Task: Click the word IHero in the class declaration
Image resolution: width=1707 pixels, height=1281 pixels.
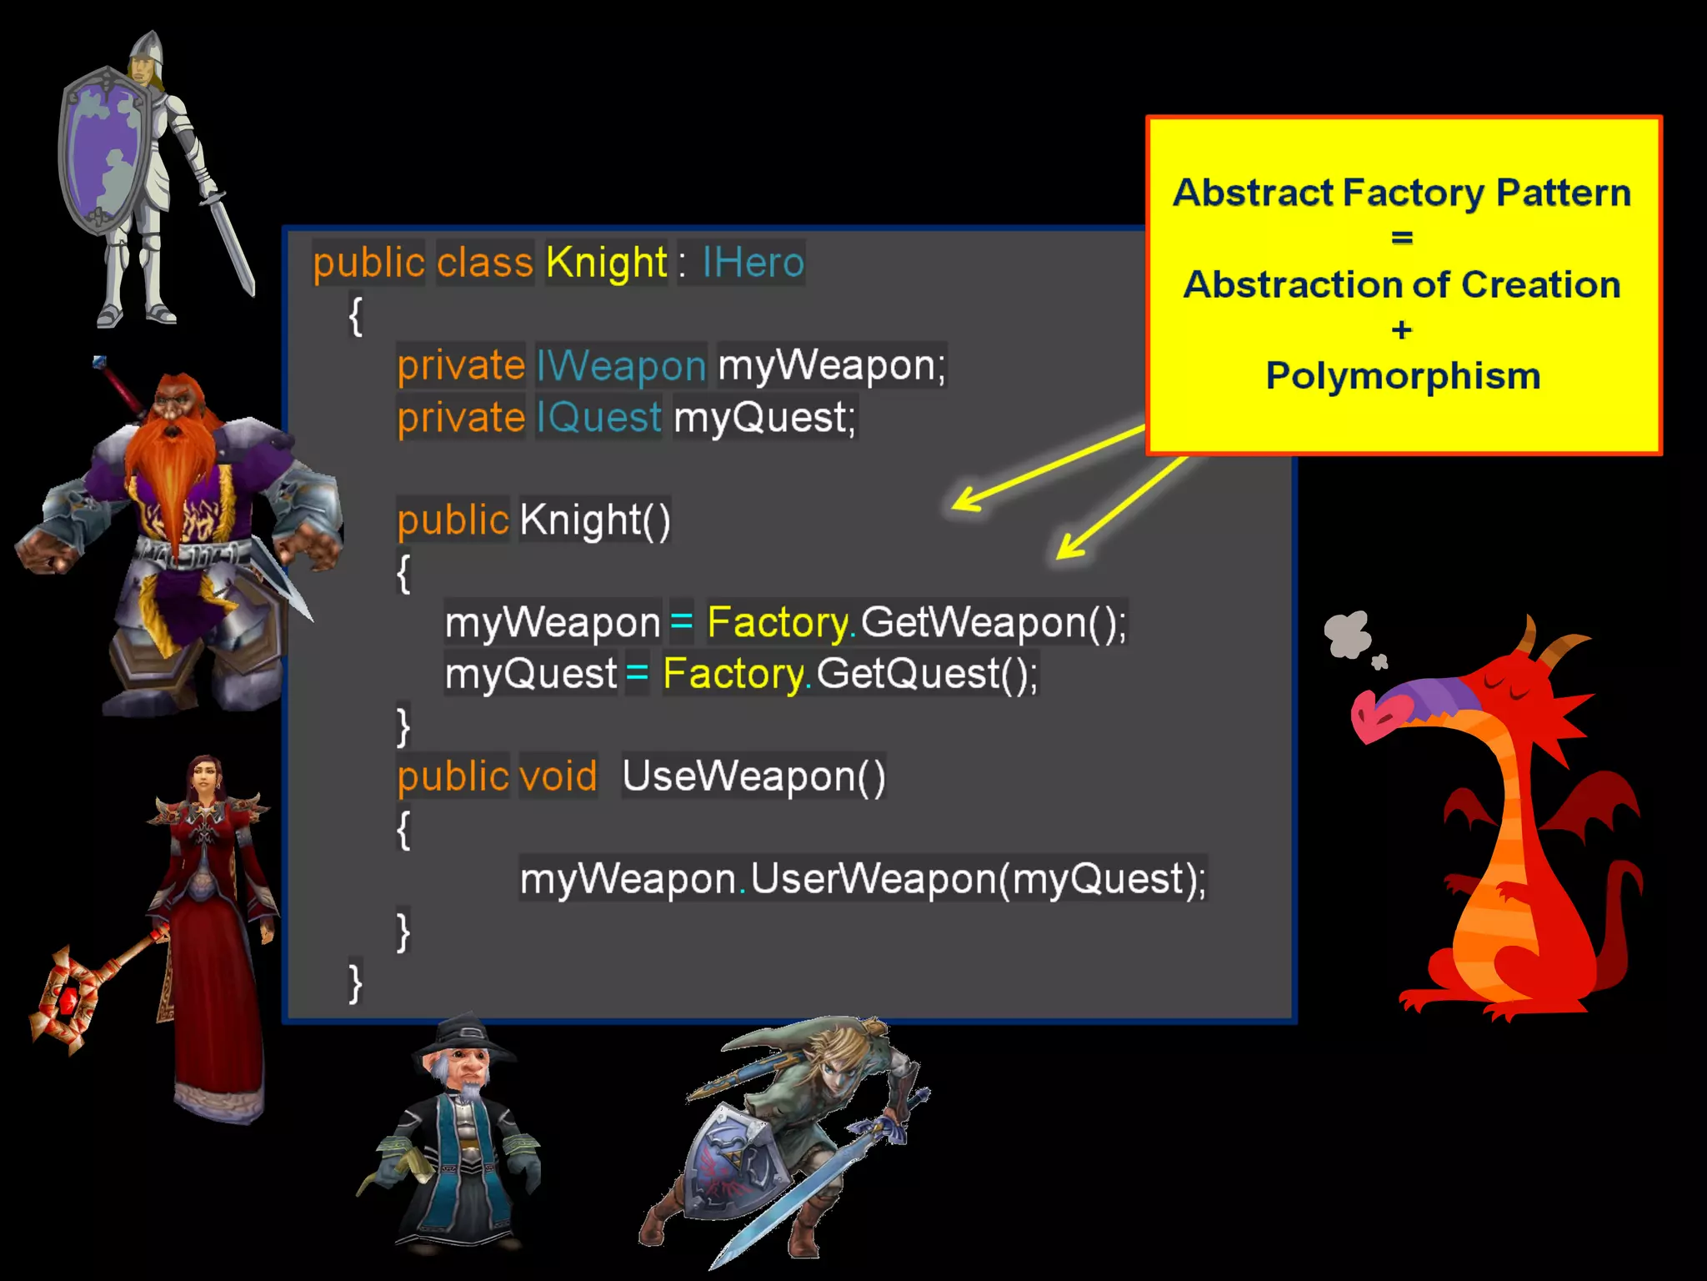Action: tap(753, 263)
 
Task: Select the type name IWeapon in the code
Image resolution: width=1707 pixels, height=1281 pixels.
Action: tap(621, 366)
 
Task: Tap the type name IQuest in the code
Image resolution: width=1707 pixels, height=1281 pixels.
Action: tap(598, 417)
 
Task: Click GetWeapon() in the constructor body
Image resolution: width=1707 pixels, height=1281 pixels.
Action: tap(992, 622)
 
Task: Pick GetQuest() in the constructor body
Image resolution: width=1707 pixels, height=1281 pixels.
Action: tap(925, 674)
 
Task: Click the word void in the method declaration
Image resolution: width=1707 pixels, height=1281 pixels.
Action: tap(558, 776)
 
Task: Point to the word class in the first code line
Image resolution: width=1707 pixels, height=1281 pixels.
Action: tap(484, 263)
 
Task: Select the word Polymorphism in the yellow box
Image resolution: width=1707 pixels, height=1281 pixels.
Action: tap(1403, 376)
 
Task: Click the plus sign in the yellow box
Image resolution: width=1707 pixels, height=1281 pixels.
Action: tap(1402, 330)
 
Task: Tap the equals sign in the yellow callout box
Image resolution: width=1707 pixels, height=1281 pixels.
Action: tap(1402, 239)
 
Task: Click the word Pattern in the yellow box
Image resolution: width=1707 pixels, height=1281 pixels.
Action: tap(1563, 193)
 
